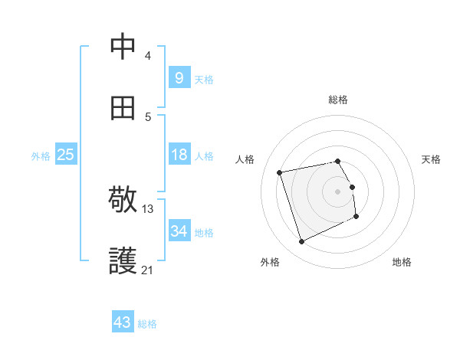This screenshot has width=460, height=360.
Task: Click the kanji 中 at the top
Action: [x=123, y=47]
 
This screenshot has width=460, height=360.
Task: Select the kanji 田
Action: [x=123, y=108]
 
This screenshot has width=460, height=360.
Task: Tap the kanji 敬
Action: [x=123, y=201]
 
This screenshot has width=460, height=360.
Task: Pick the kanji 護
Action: [x=123, y=261]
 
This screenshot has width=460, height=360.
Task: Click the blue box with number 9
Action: [x=179, y=77]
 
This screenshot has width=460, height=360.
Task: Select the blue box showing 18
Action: [x=179, y=155]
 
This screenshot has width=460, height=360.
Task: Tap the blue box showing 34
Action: [x=179, y=231]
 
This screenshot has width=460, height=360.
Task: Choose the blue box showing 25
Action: [x=65, y=155]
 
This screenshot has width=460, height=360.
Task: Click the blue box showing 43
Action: [x=123, y=322]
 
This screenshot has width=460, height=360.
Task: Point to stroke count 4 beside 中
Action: [x=147, y=56]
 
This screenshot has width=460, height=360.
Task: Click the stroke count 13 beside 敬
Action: [x=148, y=209]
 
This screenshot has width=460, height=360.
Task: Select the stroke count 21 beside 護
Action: [x=148, y=270]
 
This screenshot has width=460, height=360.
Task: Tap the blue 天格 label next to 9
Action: [x=204, y=79]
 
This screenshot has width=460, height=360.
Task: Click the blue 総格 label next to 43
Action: [x=147, y=324]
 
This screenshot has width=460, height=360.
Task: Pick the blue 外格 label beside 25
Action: [x=41, y=156]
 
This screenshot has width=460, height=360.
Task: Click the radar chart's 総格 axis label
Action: [x=338, y=100]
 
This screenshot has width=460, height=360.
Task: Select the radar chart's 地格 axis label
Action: [x=402, y=262]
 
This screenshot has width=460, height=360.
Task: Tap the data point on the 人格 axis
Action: [x=280, y=172]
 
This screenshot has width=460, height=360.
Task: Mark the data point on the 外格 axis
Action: [x=301, y=242]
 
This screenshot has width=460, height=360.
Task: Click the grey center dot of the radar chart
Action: [x=338, y=191]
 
